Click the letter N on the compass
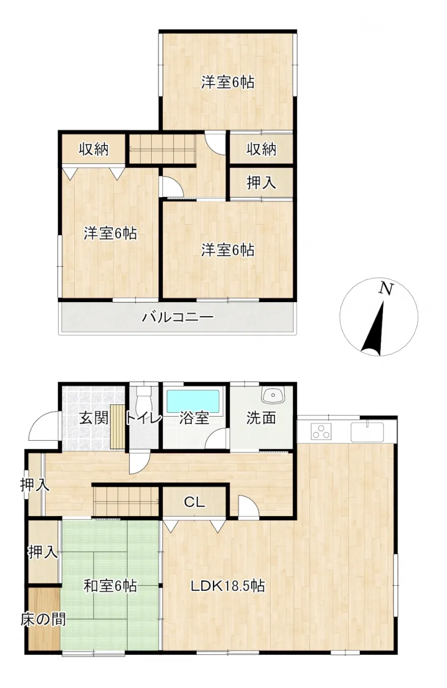[x=386, y=289]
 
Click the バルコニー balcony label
[x=178, y=317]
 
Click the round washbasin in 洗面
[x=273, y=394]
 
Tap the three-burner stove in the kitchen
[x=321, y=431]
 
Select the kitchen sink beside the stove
[x=367, y=431]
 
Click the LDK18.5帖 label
[x=228, y=586]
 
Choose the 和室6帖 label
[x=111, y=586]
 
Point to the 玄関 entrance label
[x=94, y=418]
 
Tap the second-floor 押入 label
[x=261, y=183]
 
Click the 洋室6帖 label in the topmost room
[x=228, y=82]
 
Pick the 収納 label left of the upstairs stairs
[x=94, y=149]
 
